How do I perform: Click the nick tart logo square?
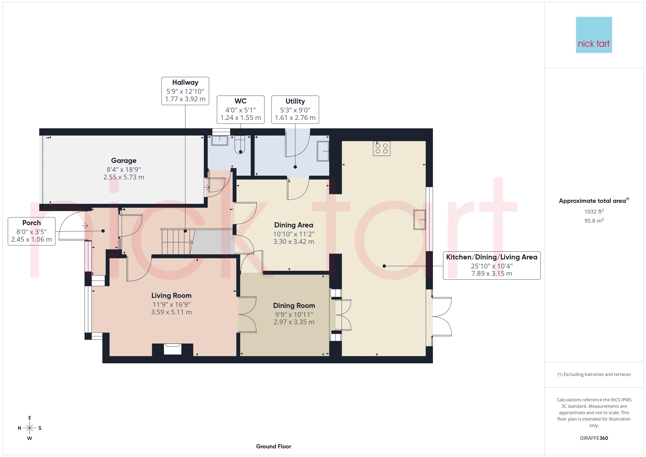594,35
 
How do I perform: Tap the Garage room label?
124,161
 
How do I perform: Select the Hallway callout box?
185,91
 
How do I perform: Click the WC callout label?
241,109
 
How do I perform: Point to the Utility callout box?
295,109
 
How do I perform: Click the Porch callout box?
31,231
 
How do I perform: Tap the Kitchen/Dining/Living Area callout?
492,265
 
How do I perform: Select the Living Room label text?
171,296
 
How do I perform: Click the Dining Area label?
294,225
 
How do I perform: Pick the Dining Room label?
294,306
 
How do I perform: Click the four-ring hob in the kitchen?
382,148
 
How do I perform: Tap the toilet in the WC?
240,145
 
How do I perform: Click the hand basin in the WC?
220,140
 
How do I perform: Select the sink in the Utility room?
323,151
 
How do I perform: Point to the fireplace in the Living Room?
172,349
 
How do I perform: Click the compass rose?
29,428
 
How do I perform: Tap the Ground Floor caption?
274,446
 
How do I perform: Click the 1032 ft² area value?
594,212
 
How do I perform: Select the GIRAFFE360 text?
594,438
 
